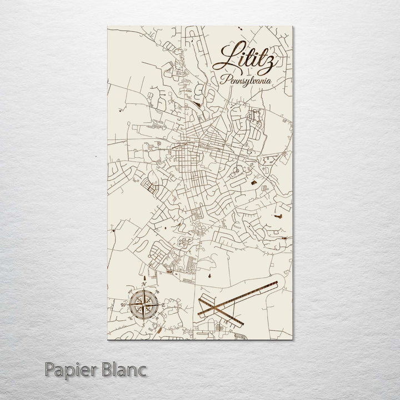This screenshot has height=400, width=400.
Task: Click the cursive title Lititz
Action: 248,58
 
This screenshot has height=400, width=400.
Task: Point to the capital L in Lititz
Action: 228,56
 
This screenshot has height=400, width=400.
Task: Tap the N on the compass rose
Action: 143,286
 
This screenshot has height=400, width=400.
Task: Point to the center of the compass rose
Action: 143,304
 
